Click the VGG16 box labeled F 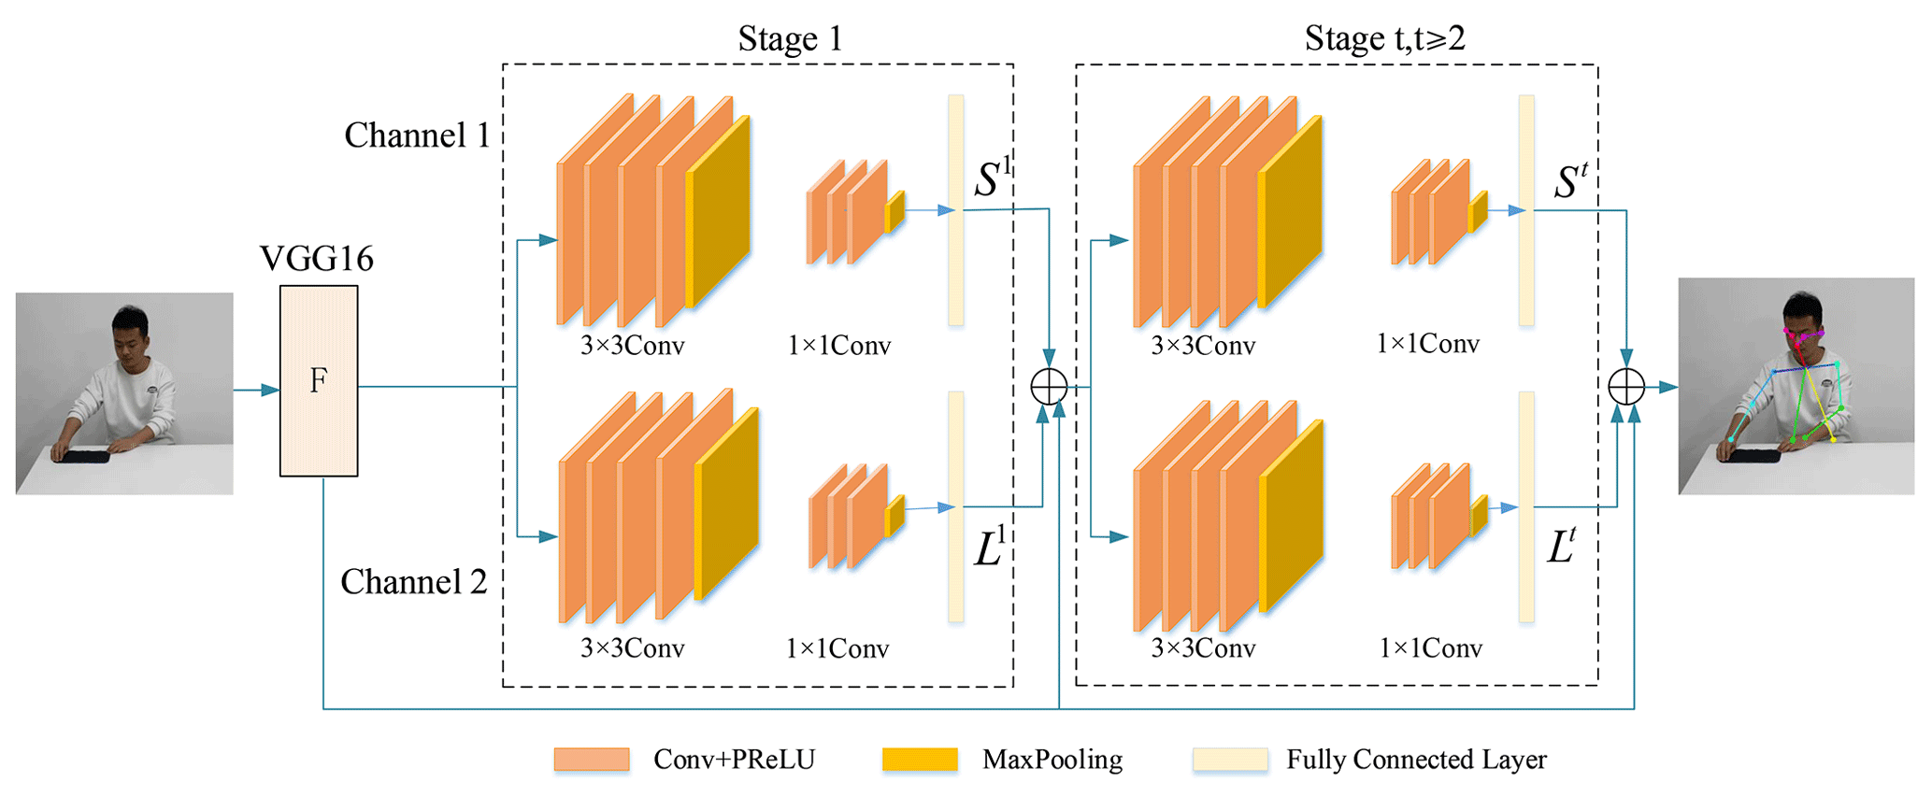tap(318, 380)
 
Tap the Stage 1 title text tap(790, 38)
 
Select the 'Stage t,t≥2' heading tap(1384, 38)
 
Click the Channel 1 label tap(417, 135)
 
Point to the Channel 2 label tap(413, 582)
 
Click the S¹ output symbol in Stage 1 tap(992, 177)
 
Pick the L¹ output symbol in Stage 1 tap(990, 548)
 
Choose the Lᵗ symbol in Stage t tap(1562, 546)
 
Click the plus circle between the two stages tap(1049, 386)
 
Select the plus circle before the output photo tap(1626, 386)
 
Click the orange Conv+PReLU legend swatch tap(591, 760)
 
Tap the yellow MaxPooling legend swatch tap(920, 760)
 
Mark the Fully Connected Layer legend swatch tap(1230, 760)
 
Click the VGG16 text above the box tap(317, 259)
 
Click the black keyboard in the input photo tap(81, 456)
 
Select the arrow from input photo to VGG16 tap(256, 390)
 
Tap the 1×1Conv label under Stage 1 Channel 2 tap(837, 648)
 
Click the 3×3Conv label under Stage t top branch tap(1203, 346)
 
